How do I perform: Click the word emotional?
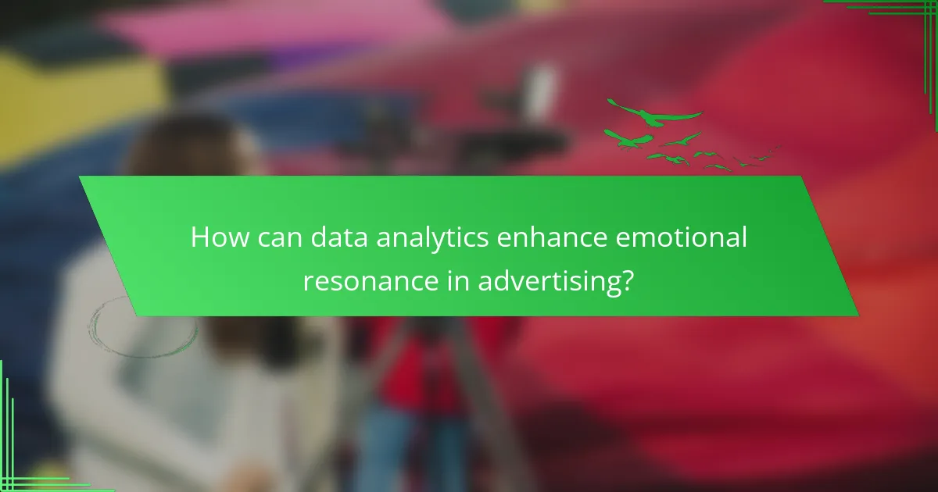(x=682, y=237)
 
